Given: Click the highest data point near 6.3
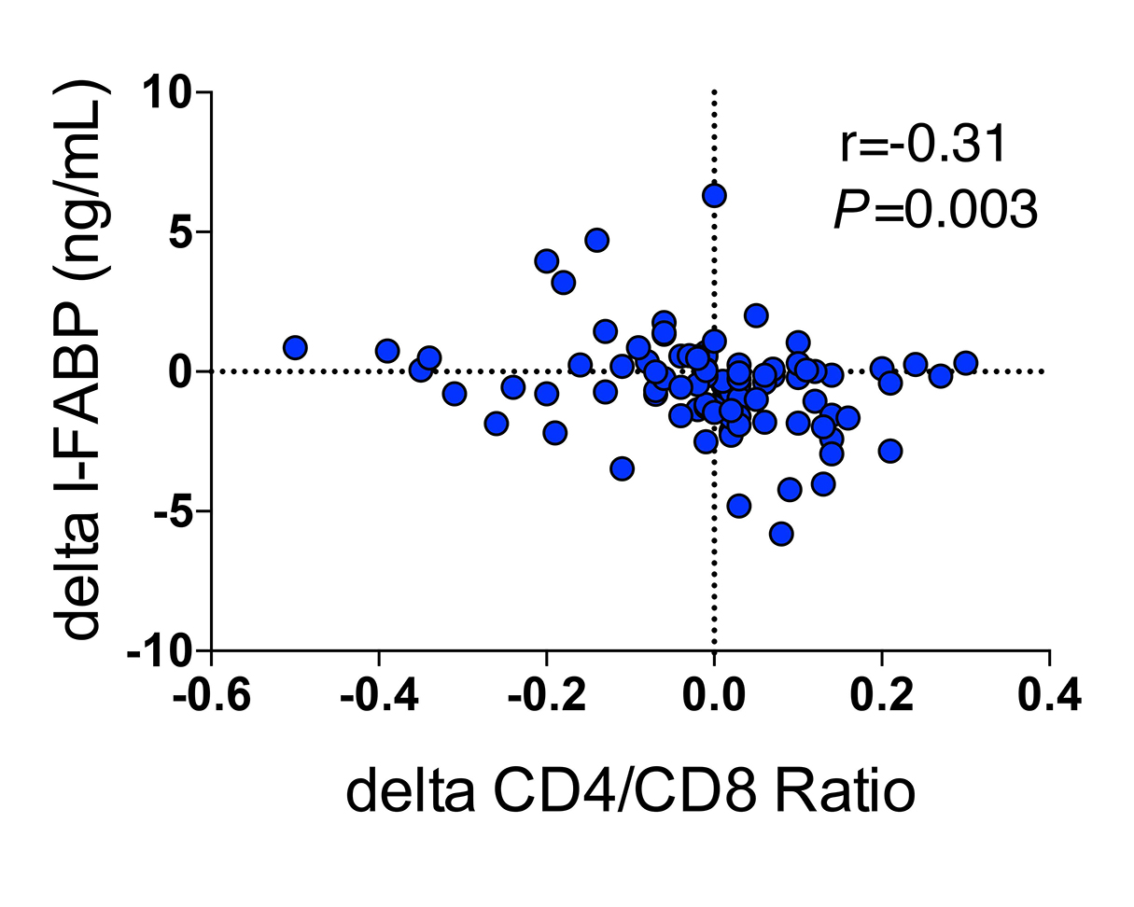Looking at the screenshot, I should click(x=714, y=195).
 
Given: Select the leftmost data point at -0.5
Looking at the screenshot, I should click(x=295, y=347).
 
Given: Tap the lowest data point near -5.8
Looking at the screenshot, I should click(x=781, y=534).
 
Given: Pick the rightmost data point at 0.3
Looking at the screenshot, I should click(x=966, y=363).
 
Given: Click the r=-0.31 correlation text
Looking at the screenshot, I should click(x=921, y=146).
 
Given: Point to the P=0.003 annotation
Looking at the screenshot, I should click(x=934, y=210).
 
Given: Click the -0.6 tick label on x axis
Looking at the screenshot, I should click(x=212, y=696).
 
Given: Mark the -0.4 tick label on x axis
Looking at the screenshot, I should click(x=379, y=696).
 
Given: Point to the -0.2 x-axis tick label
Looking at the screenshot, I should click(x=547, y=696).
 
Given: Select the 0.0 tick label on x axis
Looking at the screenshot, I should click(x=714, y=696).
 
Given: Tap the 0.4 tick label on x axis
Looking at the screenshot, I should click(x=1050, y=696).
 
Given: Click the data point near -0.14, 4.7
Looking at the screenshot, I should click(x=596, y=240).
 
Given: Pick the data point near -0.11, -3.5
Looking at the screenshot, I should click(x=622, y=467).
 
